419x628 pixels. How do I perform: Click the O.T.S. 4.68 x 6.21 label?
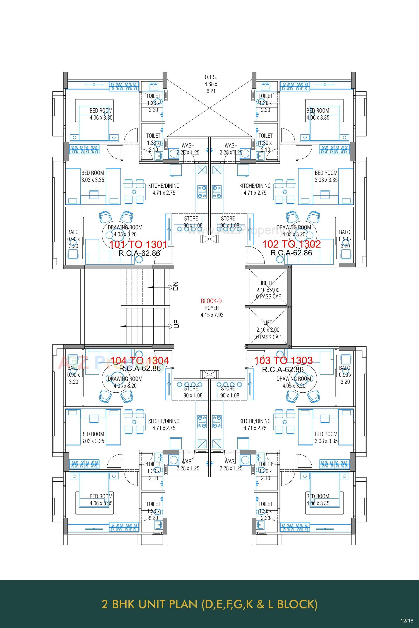pos(211,84)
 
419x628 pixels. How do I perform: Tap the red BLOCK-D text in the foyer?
pos(211,301)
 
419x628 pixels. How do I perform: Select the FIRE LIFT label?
pos(268,283)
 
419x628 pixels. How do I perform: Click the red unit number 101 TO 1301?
pos(138,244)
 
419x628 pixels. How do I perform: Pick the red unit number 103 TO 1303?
pos(283,361)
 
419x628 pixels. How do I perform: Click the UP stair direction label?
pos(176,324)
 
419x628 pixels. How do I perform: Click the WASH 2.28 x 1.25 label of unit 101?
pos(188,149)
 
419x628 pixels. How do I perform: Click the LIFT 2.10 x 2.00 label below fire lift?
pos(268,330)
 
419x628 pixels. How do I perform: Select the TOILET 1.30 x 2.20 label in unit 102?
pos(265,103)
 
